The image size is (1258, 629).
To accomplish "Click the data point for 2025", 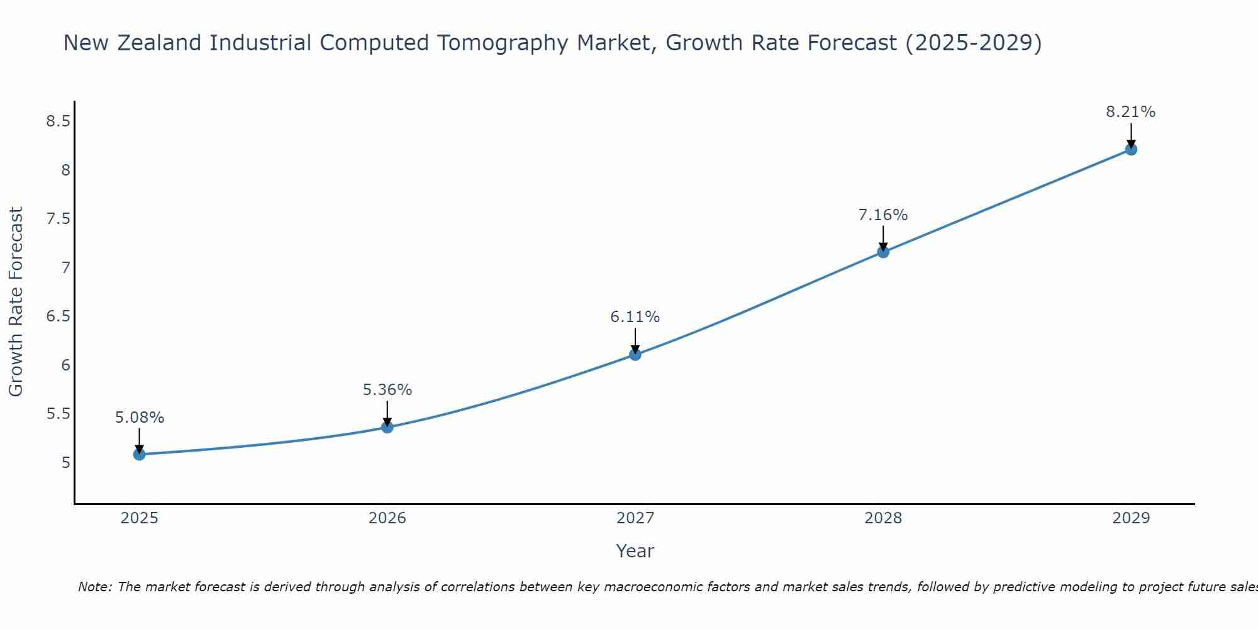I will tap(139, 454).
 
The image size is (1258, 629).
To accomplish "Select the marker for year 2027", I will tap(635, 355).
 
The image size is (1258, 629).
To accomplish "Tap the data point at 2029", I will tap(1131, 149).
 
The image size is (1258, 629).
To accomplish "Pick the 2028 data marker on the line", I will tap(883, 252).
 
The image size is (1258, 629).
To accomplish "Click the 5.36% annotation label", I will tap(387, 390).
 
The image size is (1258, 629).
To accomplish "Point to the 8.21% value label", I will tap(1131, 112).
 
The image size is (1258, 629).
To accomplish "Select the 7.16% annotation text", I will tap(883, 215).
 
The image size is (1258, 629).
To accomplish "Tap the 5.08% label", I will tap(140, 418).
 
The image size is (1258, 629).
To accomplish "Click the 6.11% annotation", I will tap(635, 317).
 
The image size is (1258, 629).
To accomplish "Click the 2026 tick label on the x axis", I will tap(387, 518).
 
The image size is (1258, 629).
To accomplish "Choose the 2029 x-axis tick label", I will tap(1131, 518).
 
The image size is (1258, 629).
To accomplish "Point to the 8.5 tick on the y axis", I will tap(58, 121).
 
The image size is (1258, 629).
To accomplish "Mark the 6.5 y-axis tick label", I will tap(58, 316).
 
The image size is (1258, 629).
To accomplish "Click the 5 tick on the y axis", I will tap(66, 463).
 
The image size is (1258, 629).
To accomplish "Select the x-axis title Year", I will tap(635, 551).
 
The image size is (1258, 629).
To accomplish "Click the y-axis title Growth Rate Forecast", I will tap(16, 302).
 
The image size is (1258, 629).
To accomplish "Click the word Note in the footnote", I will tap(94, 587).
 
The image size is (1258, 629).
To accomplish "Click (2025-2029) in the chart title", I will tap(973, 43).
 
